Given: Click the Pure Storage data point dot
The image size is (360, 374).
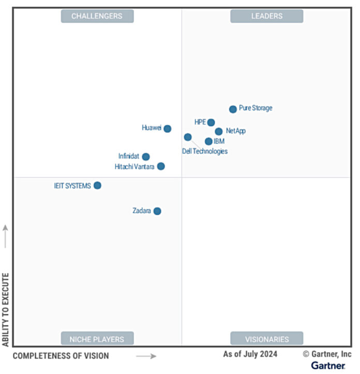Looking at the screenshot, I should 233,109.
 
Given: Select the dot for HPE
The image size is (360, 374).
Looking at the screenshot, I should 211,123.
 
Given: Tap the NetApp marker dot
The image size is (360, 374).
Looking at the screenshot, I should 219,131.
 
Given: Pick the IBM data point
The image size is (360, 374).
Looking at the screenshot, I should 208,141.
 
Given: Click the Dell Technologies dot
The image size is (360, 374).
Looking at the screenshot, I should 188,137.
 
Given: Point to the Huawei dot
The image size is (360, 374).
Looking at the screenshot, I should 168,129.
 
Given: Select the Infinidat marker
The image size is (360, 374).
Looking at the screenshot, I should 146,157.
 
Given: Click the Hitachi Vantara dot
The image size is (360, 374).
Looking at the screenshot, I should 161,166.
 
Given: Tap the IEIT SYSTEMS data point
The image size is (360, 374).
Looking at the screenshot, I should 97,185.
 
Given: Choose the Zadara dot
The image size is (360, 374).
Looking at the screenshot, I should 157,211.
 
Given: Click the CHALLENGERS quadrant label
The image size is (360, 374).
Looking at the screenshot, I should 97,16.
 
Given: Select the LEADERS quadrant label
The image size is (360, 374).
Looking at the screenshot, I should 267,16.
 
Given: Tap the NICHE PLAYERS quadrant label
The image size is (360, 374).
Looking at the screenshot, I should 97,339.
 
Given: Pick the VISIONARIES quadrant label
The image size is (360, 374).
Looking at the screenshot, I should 267,339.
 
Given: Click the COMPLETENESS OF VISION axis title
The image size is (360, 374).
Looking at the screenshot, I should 61,356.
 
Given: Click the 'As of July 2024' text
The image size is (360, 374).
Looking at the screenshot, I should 250,354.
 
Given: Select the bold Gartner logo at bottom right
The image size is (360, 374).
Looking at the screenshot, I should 328,366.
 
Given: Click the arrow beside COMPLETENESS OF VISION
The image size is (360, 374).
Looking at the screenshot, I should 146,356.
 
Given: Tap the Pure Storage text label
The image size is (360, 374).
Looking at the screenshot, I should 256,109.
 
